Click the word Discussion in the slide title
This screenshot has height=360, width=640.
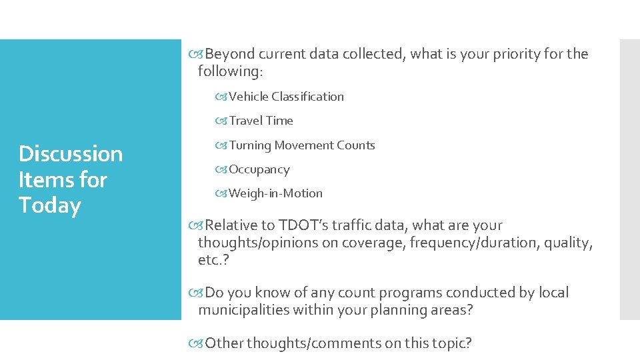(x=71, y=154)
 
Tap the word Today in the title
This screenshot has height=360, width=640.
(x=50, y=205)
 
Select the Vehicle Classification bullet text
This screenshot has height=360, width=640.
(x=287, y=97)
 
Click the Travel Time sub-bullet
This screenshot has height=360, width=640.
(x=261, y=121)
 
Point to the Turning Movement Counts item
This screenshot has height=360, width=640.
(x=302, y=145)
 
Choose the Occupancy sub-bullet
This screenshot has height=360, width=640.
(x=259, y=169)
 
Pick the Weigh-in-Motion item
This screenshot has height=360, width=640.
(x=275, y=193)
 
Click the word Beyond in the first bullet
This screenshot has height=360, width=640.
(x=231, y=54)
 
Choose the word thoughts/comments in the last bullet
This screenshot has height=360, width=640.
(x=315, y=343)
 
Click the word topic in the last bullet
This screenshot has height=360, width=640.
(x=450, y=343)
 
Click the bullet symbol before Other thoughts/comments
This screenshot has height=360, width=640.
(x=197, y=343)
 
